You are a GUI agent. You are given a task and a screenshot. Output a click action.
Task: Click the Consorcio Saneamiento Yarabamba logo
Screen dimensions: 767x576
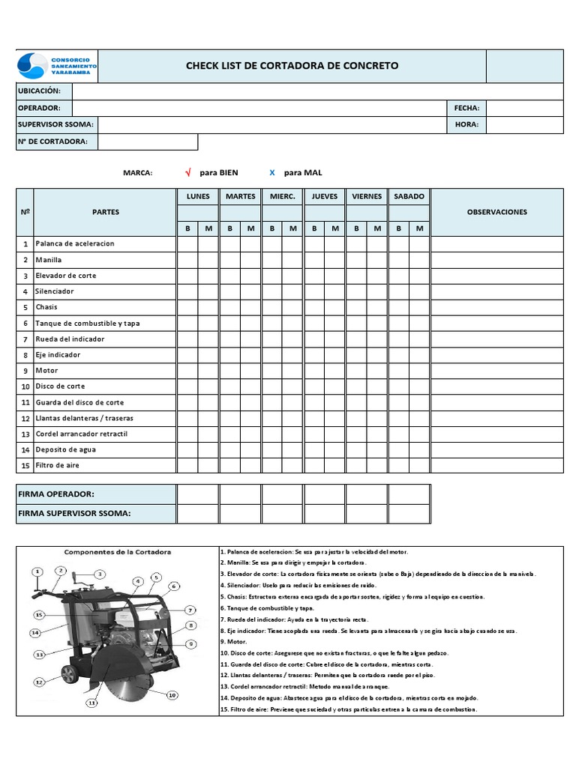point(57,66)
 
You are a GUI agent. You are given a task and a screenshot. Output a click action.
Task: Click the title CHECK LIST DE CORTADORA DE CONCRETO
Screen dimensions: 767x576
point(292,66)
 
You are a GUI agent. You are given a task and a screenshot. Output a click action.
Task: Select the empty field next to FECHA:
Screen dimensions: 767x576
point(524,108)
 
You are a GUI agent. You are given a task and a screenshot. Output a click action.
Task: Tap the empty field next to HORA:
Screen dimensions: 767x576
point(524,124)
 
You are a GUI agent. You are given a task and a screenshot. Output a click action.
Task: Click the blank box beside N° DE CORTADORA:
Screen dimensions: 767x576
point(148,142)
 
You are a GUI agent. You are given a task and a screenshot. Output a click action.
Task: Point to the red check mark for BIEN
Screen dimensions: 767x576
point(188,173)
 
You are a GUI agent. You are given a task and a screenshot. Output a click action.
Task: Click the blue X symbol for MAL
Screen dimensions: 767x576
point(272,173)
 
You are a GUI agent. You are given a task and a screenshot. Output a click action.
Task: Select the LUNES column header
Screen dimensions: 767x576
point(198,196)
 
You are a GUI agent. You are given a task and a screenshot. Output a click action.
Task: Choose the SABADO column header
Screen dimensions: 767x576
point(409,196)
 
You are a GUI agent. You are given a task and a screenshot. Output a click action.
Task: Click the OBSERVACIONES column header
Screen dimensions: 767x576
point(496,212)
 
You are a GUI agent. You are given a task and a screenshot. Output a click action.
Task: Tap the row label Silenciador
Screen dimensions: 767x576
point(55,291)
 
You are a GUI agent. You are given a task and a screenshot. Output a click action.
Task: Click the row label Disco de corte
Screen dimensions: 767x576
point(60,386)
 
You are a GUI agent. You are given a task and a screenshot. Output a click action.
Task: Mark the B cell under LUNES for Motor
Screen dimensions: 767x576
point(187,371)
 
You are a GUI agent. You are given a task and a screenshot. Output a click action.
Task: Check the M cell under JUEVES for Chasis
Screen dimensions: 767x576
point(335,307)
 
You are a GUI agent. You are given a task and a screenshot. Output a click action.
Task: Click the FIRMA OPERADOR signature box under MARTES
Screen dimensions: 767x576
point(240,494)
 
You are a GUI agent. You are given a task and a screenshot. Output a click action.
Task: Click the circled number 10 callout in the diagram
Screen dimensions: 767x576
point(172,695)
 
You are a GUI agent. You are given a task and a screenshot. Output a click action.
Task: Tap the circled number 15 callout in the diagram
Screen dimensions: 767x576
point(39,614)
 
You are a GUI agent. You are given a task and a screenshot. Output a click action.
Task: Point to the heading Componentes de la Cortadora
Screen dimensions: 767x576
point(117,552)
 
